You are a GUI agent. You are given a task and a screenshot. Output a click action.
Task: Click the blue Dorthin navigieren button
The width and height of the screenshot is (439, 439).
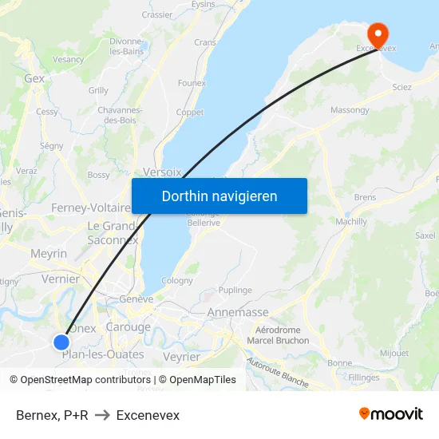[219, 196]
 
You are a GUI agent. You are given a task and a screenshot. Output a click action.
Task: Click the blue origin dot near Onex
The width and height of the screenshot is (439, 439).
[62, 342]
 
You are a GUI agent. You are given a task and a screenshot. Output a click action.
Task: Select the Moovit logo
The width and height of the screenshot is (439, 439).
[391, 414]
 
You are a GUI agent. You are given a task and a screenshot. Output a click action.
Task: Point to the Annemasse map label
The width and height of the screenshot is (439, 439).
[238, 313]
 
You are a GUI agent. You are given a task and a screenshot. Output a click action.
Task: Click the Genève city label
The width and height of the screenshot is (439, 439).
[136, 299]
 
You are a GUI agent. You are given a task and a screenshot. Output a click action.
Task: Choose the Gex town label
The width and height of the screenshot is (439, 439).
[34, 79]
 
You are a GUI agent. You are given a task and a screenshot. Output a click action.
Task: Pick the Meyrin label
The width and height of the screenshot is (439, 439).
[48, 253]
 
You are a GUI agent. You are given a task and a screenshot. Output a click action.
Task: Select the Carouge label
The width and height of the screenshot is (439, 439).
[128, 327]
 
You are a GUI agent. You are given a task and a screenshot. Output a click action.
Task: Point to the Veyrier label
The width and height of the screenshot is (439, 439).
[180, 357]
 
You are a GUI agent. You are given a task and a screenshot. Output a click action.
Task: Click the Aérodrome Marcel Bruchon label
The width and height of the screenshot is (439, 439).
[277, 335]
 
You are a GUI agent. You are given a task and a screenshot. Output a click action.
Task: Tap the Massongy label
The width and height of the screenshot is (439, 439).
[350, 109]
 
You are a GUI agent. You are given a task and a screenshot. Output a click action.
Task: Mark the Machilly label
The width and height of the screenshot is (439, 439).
[351, 221]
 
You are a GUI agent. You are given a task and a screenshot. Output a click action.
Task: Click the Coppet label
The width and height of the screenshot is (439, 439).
[190, 113]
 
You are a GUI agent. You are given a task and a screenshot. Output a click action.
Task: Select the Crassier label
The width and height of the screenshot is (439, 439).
[156, 14]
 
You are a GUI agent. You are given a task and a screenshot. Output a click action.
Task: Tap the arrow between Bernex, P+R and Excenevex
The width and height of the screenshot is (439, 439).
[102, 415]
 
